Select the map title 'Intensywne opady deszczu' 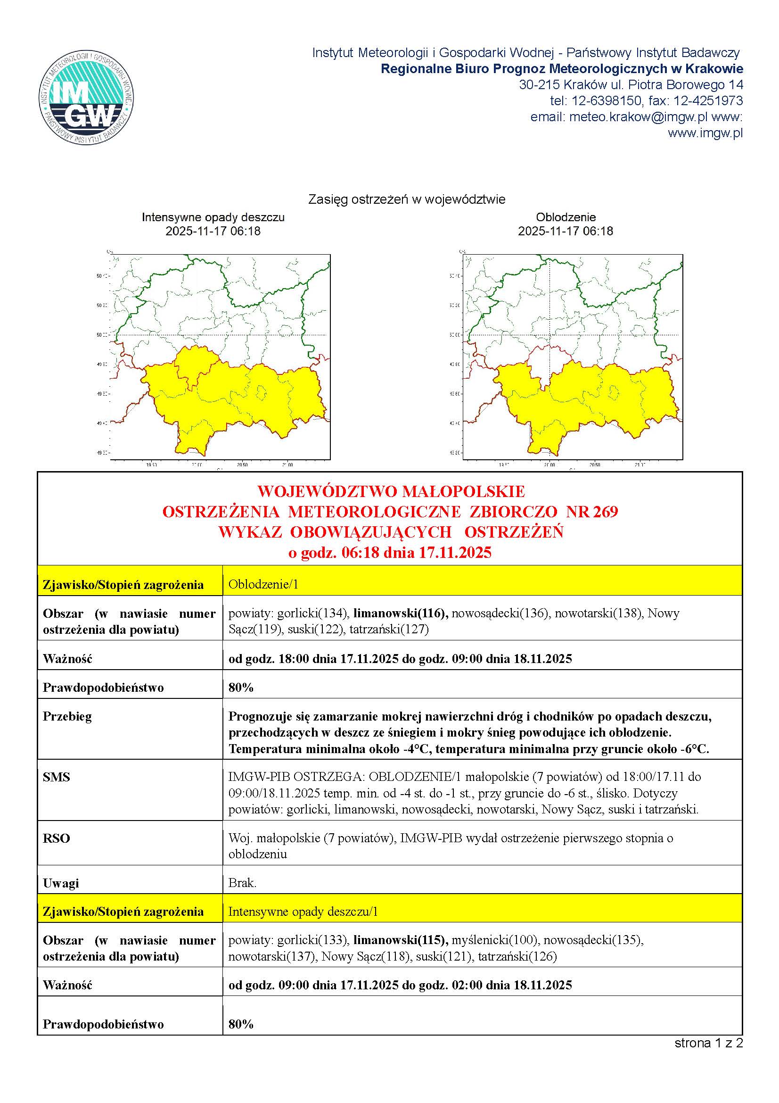(213, 217)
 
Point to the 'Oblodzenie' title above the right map (566, 217)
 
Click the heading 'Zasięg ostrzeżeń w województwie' (407, 199)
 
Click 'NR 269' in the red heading (592, 512)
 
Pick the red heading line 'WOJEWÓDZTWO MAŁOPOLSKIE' (391, 491)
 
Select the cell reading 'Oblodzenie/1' (263, 584)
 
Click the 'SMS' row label (56, 777)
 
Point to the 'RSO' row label (56, 838)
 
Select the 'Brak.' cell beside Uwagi (242, 883)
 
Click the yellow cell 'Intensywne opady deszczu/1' (303, 912)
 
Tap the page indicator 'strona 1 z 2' (708, 1043)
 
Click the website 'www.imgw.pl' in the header (705, 133)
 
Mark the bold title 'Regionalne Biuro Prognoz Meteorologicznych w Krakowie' (562, 69)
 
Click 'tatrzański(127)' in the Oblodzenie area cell (389, 630)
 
